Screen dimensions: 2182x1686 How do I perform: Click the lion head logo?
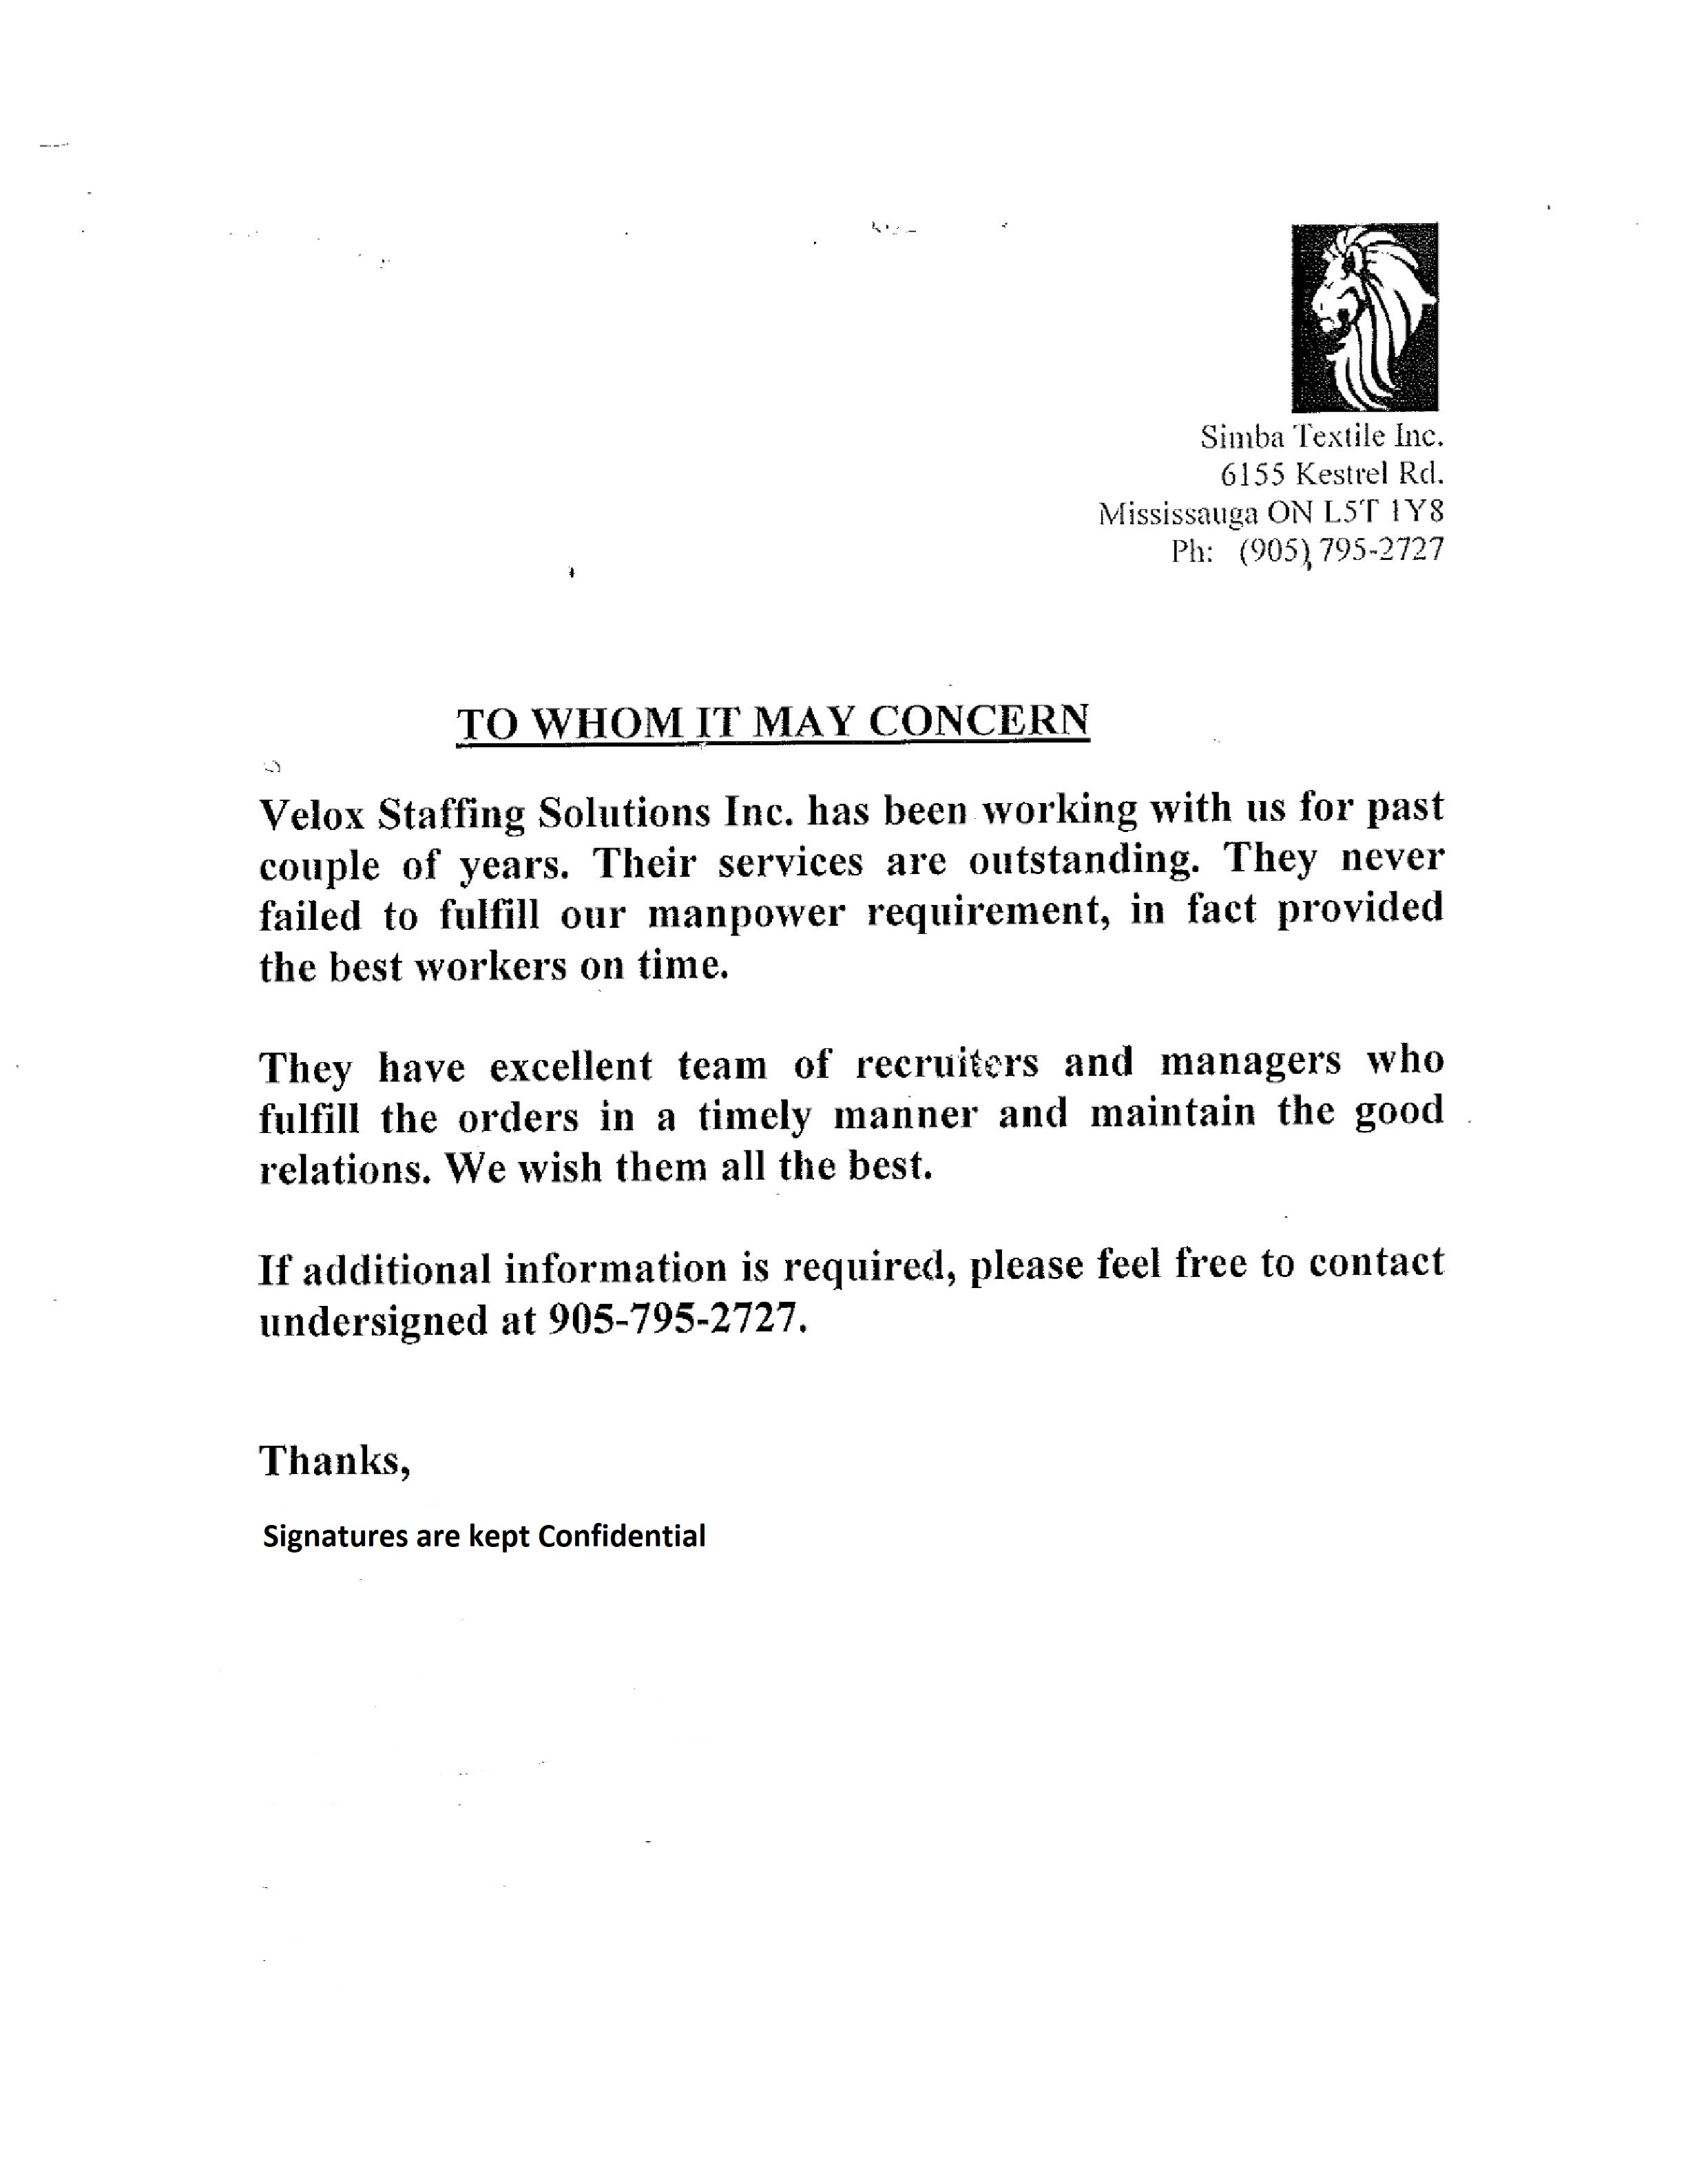point(1364,317)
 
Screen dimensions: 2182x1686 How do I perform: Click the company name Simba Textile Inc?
point(1322,437)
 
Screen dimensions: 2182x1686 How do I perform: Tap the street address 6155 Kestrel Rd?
point(1333,474)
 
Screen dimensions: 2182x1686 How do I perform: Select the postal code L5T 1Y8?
point(1384,512)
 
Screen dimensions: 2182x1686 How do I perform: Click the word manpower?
point(745,913)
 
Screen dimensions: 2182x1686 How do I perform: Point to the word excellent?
point(570,1066)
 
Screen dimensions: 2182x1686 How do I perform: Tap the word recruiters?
point(947,1063)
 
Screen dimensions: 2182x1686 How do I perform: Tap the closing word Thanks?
point(333,1461)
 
